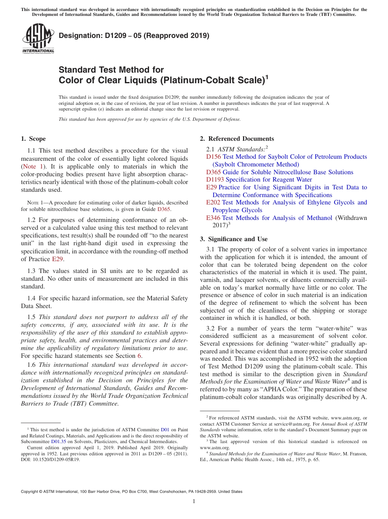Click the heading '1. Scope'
point(33,139)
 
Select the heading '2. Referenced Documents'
point(237,139)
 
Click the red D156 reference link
point(214,157)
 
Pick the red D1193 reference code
point(215,180)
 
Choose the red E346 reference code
point(213,218)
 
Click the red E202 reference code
point(213,202)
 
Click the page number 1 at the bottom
point(194,501)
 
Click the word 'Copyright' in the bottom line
point(31,492)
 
